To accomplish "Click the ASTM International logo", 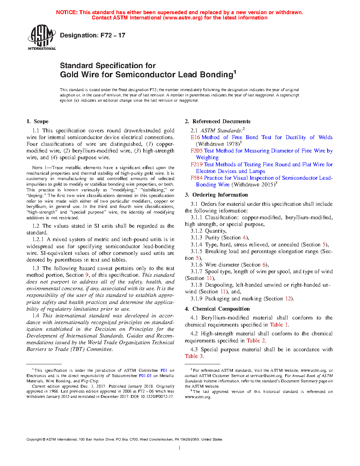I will (42, 37).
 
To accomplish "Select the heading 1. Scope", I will (37, 121).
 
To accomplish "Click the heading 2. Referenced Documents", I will (217, 121).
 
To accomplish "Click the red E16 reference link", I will (195, 137).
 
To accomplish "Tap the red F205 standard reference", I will (197, 151).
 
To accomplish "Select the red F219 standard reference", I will (197, 165).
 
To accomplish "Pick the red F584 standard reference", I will (197, 178).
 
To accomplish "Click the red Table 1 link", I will (279, 325).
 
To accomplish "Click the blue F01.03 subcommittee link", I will (145, 376).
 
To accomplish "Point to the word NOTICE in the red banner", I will (67, 12).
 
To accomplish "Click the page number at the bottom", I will (180, 448).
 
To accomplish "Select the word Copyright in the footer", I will (34, 440).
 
